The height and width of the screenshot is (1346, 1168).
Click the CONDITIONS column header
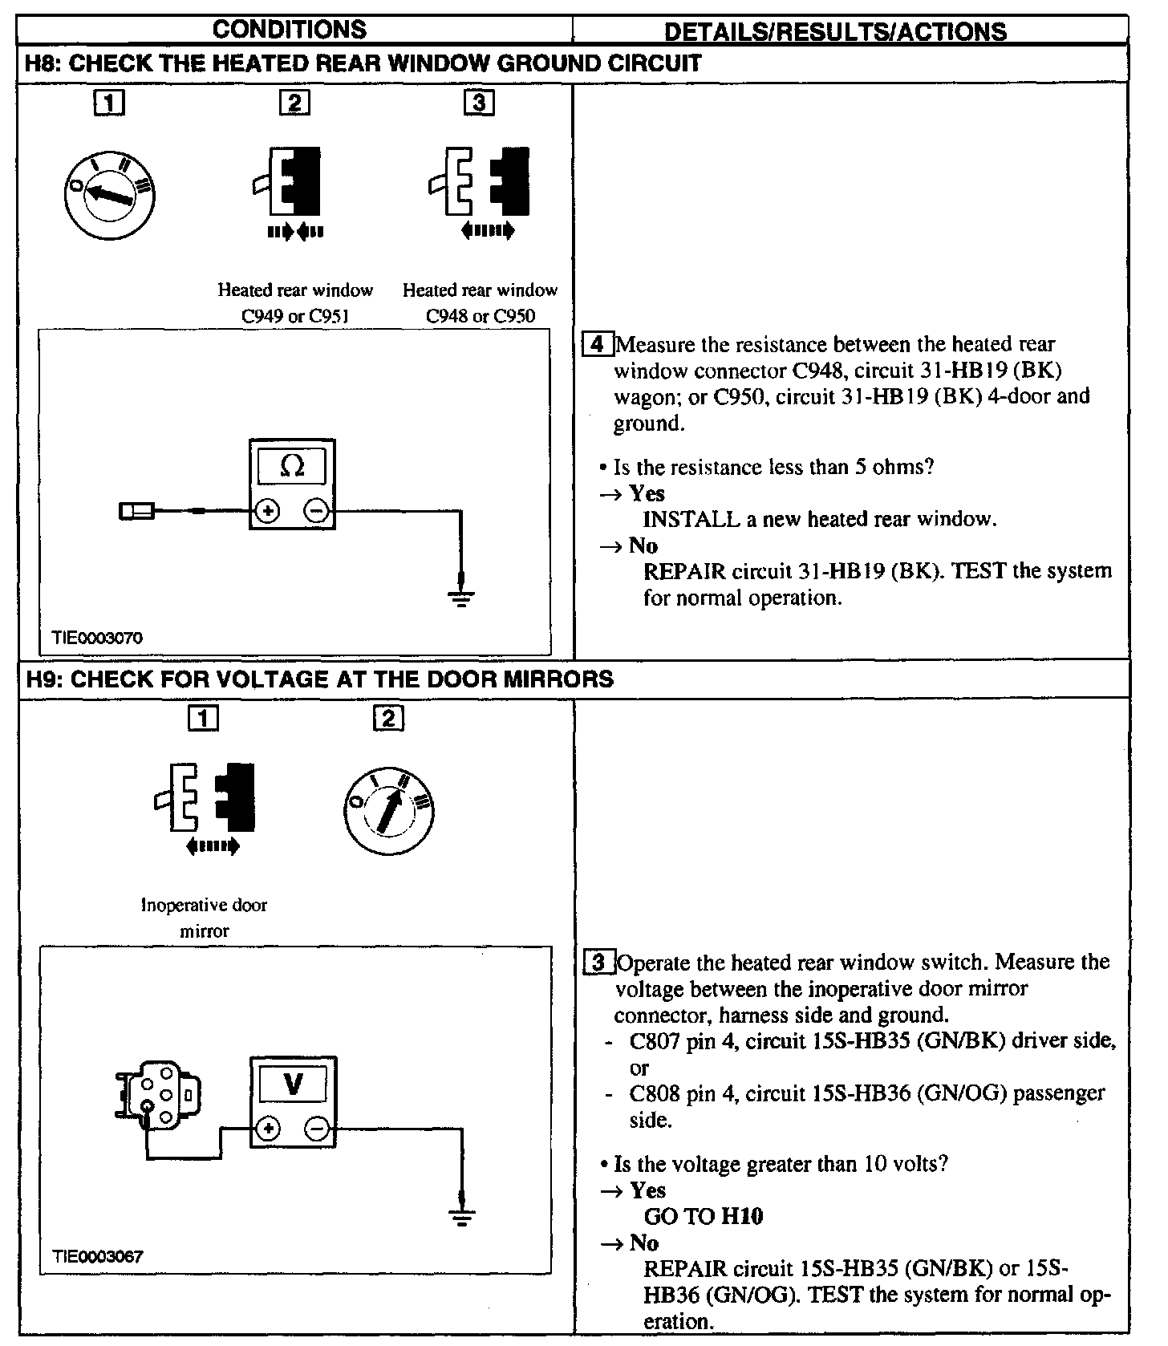tap(290, 30)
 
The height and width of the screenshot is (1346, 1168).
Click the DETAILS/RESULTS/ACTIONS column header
tap(836, 31)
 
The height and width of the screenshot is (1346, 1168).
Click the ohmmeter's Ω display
tap(293, 466)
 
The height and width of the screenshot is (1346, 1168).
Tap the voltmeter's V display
tap(293, 1085)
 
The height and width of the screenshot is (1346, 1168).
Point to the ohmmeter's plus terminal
tap(267, 511)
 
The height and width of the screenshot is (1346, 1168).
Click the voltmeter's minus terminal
tap(317, 1129)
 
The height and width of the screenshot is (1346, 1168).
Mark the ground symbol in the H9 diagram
tap(461, 1216)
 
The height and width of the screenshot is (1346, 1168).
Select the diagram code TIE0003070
tap(97, 639)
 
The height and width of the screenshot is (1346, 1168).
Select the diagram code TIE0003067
tap(97, 1256)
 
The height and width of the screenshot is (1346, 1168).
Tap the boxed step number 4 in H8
tap(596, 345)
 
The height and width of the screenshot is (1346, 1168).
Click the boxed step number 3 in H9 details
tap(598, 962)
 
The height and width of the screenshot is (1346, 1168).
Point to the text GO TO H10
tap(704, 1216)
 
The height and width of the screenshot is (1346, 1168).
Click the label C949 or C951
tap(295, 316)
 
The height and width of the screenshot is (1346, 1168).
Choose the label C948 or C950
tap(480, 316)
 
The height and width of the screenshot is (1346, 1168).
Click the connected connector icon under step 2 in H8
tap(294, 180)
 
